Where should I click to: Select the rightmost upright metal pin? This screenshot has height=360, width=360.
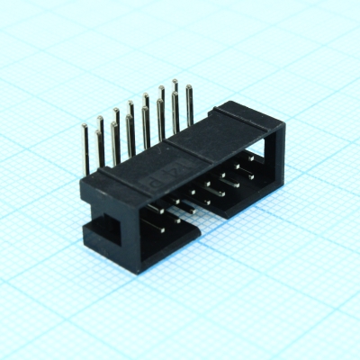coord(189,103)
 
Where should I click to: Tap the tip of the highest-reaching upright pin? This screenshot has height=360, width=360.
coord(175,83)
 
